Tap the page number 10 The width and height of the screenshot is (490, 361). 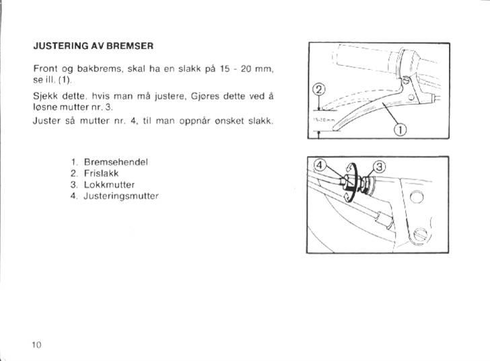click(37, 344)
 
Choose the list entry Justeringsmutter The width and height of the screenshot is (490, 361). click(121, 195)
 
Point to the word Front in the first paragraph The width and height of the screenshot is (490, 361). click(44, 69)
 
